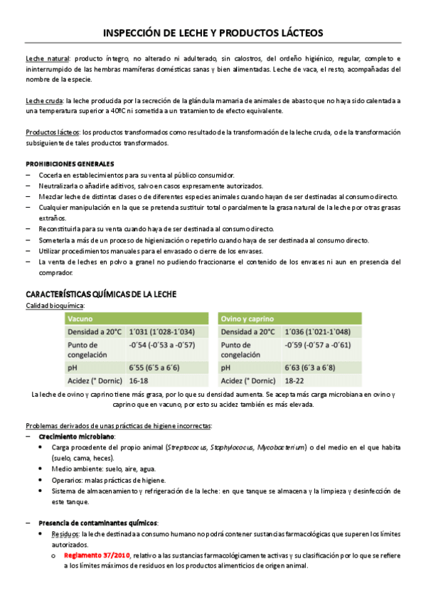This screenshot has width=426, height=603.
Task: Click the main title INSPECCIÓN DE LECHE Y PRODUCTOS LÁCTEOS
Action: [213, 33]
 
